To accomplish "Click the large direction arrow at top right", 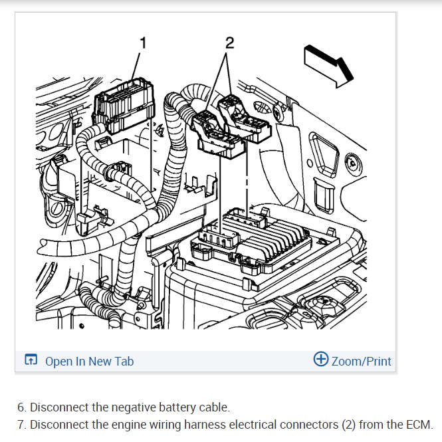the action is click(x=326, y=64).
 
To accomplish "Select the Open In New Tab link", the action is click(x=89, y=361).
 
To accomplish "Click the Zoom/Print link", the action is click(x=361, y=361).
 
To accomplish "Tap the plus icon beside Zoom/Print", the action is click(x=320, y=360).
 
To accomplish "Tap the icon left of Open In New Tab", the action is click(x=31, y=361).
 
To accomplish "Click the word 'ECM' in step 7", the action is click(x=421, y=424).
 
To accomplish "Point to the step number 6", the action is click(x=21, y=407).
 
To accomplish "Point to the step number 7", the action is click(x=21, y=424).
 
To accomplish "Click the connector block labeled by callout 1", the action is click(x=122, y=106).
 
